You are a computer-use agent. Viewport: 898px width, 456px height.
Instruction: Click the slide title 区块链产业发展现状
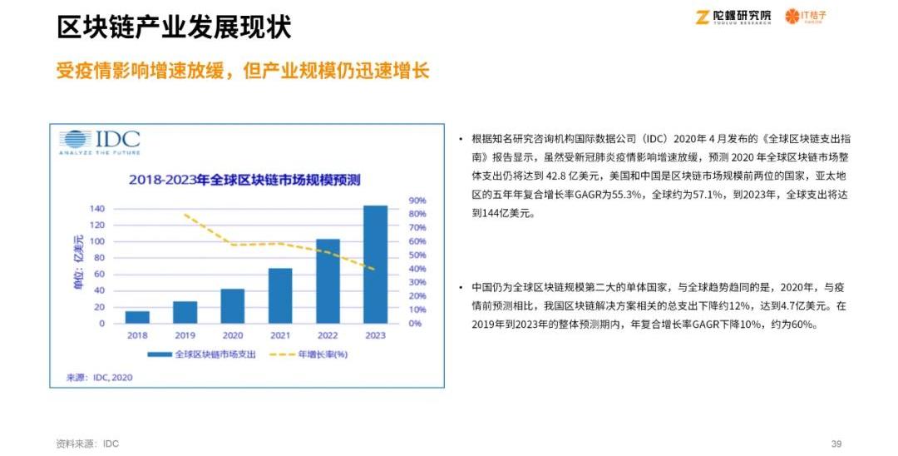pos(174,27)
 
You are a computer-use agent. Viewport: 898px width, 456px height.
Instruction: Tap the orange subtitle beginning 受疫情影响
pos(242,70)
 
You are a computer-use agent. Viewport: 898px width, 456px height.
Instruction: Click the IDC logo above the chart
pos(99,141)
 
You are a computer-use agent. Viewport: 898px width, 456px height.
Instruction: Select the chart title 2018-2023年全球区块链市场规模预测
pos(249,179)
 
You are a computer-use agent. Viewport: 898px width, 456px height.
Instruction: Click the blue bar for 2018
pos(137,317)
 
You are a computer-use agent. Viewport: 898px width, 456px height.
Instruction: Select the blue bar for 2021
pos(280,295)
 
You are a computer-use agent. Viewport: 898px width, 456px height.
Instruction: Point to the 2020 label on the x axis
pos(232,335)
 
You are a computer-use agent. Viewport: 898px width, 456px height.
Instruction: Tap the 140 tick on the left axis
pos(97,209)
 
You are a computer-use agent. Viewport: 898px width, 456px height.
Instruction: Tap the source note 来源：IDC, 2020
pos(99,377)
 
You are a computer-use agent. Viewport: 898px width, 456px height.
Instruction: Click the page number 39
pos(836,444)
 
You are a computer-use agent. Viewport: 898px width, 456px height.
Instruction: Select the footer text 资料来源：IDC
pos(87,444)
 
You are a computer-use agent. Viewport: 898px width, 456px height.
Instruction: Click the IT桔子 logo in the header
pos(806,17)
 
